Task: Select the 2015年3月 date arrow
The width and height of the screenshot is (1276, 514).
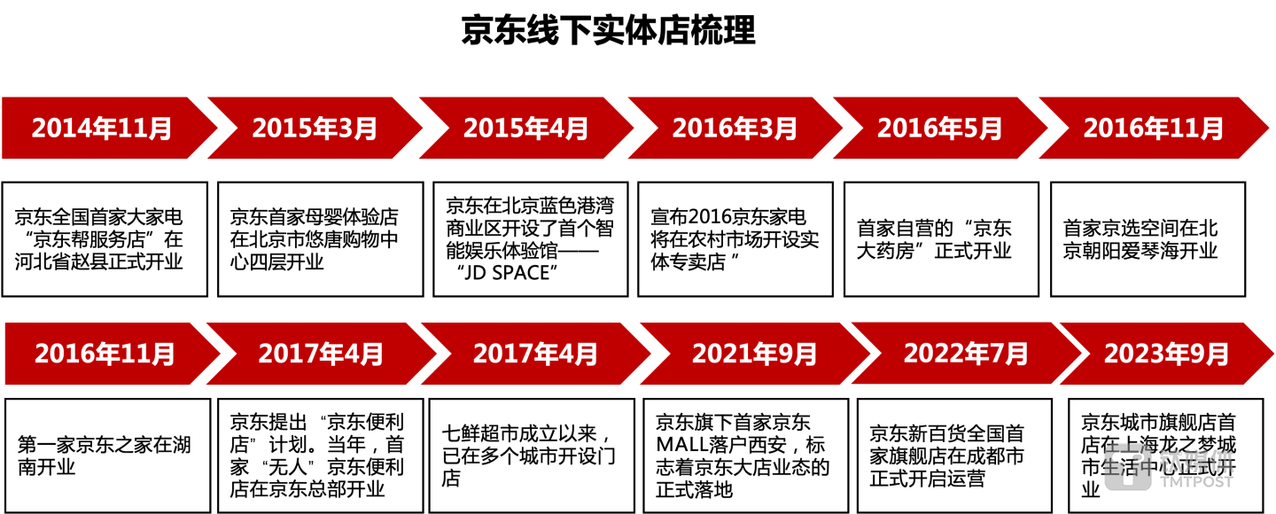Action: [x=315, y=128]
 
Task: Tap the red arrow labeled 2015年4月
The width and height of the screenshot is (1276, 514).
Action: [x=526, y=128]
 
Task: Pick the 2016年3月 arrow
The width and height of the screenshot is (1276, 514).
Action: [x=735, y=128]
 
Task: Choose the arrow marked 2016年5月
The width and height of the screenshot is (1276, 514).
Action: [x=940, y=128]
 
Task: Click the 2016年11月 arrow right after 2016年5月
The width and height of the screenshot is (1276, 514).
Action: [x=1153, y=128]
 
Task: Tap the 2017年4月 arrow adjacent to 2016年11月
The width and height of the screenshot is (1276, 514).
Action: [x=321, y=354]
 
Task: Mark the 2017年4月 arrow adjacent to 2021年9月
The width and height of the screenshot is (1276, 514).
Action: [x=535, y=354]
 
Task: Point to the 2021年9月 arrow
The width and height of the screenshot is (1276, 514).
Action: [x=754, y=354]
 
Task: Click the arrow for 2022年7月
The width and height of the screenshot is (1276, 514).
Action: [x=966, y=354]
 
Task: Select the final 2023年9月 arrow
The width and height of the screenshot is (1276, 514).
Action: [x=1166, y=354]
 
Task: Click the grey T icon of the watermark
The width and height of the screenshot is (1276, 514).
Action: [x=1127, y=466]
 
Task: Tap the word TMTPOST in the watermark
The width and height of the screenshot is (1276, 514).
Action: [x=1196, y=481]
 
